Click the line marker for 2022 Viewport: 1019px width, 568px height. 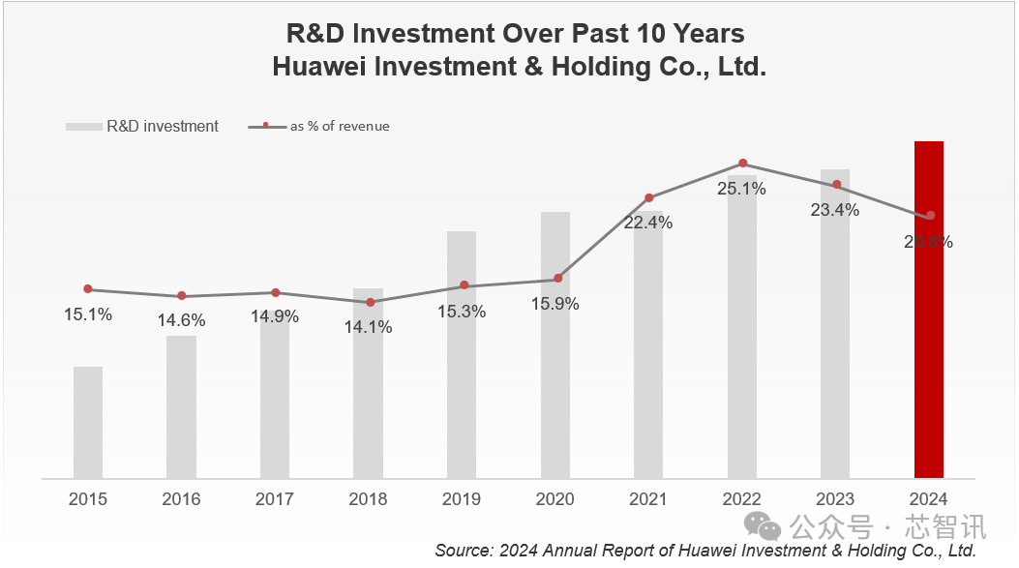pyautogui.click(x=742, y=164)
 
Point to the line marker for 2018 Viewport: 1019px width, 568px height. pyautogui.click(x=370, y=303)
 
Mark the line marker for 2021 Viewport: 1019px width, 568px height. pyautogui.click(x=649, y=198)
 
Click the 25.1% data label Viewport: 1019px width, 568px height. pyautogui.click(x=741, y=189)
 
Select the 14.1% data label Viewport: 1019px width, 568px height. pyautogui.click(x=368, y=327)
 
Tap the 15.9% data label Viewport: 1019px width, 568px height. pyautogui.click(x=555, y=304)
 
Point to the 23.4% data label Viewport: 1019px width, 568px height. pyautogui.click(x=835, y=210)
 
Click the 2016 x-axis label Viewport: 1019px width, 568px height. pyautogui.click(x=181, y=499)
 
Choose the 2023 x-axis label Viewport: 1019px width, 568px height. pyautogui.click(x=835, y=499)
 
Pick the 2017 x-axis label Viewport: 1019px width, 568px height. pyautogui.click(x=275, y=499)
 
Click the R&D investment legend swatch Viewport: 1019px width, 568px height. pyautogui.click(x=82, y=127)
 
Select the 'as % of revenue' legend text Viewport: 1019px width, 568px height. pyautogui.click(x=340, y=127)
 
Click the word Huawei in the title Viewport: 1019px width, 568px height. pyautogui.click(x=319, y=69)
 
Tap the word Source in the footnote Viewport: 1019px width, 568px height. pyautogui.click(x=463, y=551)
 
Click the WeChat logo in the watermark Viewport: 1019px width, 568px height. pyautogui.click(x=768, y=527)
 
